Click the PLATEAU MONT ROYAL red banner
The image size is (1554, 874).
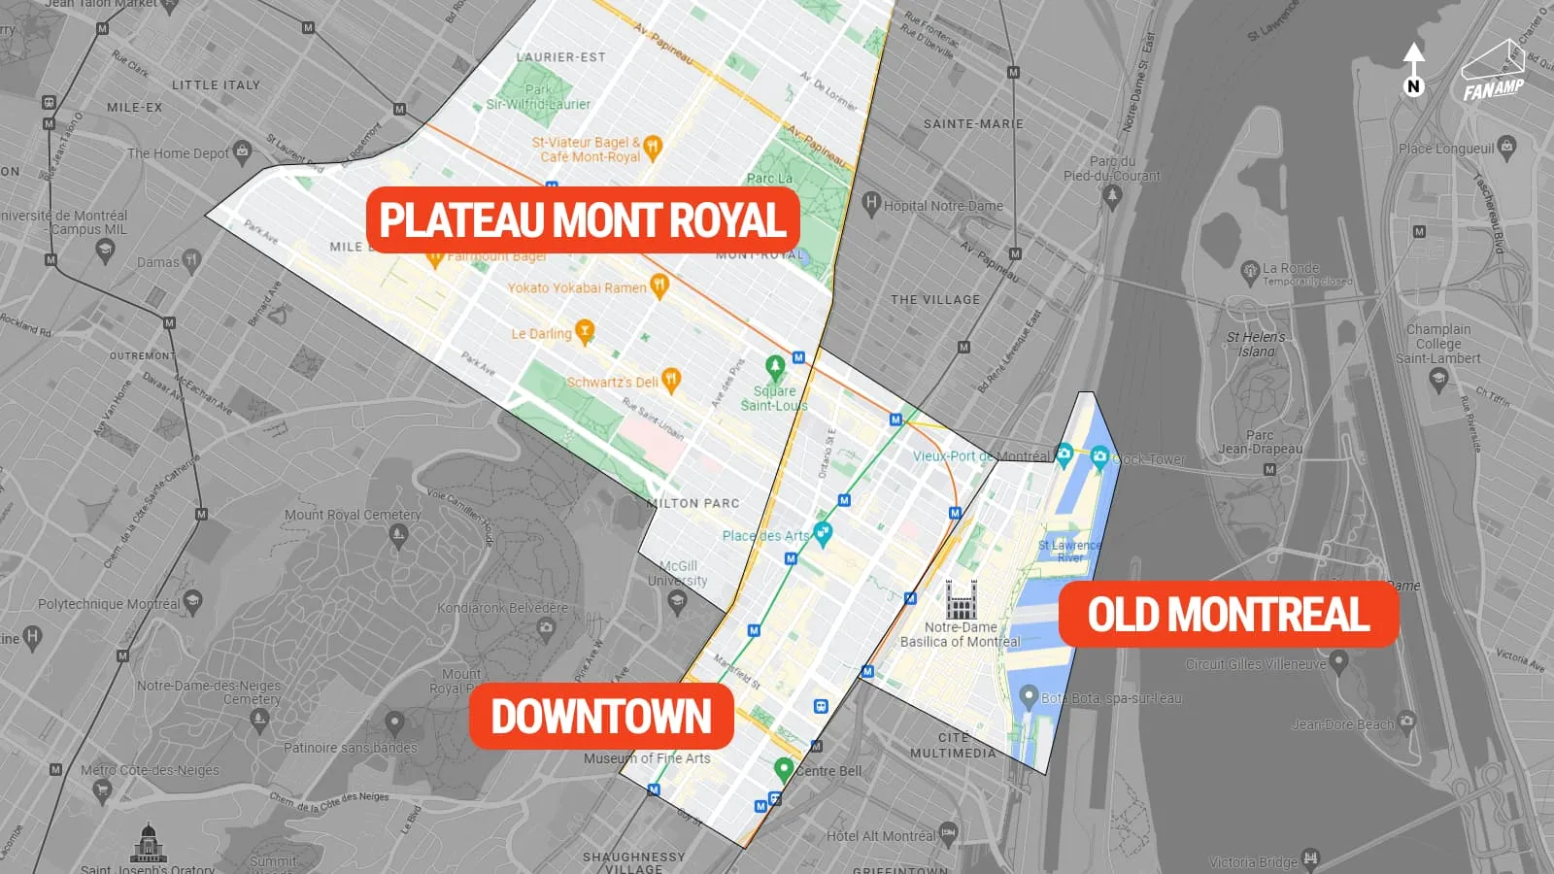point(583,219)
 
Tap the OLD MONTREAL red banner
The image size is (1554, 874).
point(1228,614)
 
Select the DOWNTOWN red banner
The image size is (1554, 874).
point(601,717)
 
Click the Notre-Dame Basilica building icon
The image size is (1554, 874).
point(961,599)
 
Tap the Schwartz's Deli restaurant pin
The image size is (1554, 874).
point(671,380)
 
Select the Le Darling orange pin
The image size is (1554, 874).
point(584,331)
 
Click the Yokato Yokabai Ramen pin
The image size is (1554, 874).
point(659,285)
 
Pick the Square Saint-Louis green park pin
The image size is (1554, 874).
point(775,367)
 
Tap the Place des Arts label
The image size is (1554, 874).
point(765,536)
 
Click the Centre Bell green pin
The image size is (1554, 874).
point(784,769)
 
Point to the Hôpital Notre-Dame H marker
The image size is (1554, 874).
point(871,203)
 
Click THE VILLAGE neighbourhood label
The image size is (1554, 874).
point(935,300)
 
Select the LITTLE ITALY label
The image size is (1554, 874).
point(216,85)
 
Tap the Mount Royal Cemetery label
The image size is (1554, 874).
point(353,515)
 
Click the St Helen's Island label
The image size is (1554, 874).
point(1256,344)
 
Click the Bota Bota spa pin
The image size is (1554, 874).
point(1030,695)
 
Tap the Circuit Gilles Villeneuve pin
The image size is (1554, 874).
point(1339,661)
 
